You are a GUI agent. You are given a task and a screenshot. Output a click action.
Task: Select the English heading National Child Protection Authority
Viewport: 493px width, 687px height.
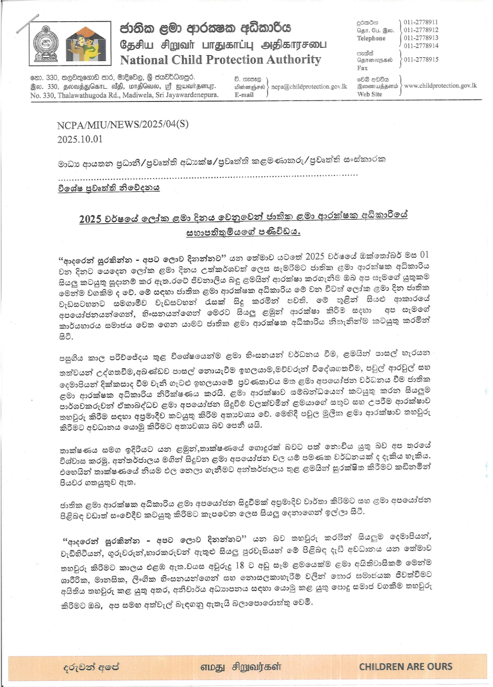pyautogui.click(x=220, y=60)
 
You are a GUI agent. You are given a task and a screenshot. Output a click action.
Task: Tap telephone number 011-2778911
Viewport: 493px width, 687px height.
pyautogui.click(x=421, y=22)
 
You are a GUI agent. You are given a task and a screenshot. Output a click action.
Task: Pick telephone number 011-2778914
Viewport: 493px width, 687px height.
pyautogui.click(x=421, y=46)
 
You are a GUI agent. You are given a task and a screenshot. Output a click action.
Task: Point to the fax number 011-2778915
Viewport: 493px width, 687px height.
pyautogui.click(x=421, y=60)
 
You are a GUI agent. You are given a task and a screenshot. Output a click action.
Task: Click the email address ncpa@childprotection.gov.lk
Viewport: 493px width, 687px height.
pyautogui.click(x=309, y=87)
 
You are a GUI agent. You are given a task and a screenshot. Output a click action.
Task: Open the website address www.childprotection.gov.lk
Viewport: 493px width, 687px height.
pyautogui.click(x=440, y=86)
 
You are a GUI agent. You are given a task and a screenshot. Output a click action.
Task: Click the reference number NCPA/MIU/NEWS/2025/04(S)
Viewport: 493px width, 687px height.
pyautogui.click(x=123, y=124)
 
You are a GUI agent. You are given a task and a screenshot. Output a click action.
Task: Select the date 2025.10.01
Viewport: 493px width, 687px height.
pyautogui.click(x=80, y=139)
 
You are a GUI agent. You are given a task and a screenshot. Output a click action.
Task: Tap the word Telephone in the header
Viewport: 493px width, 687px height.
pyautogui.click(x=371, y=38)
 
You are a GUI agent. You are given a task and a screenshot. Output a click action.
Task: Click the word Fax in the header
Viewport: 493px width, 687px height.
pyautogui.click(x=362, y=68)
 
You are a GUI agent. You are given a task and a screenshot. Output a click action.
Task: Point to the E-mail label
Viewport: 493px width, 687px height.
pyautogui.click(x=244, y=95)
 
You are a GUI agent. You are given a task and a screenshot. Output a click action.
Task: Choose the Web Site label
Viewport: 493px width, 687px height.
pyautogui.click(x=369, y=94)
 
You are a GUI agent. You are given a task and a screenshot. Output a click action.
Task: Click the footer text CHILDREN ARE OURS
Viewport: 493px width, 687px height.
pyautogui.click(x=405, y=667)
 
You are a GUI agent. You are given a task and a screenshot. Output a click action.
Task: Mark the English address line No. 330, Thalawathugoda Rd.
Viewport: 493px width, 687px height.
pyautogui.click(x=124, y=95)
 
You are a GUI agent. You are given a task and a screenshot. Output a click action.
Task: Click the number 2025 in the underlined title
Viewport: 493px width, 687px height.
pyautogui.click(x=90, y=219)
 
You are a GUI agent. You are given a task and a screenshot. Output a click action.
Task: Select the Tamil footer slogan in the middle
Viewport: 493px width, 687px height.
pyautogui.click(x=241, y=667)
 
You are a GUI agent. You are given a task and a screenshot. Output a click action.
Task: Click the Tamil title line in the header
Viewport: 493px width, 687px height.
pyautogui.click(x=223, y=45)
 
